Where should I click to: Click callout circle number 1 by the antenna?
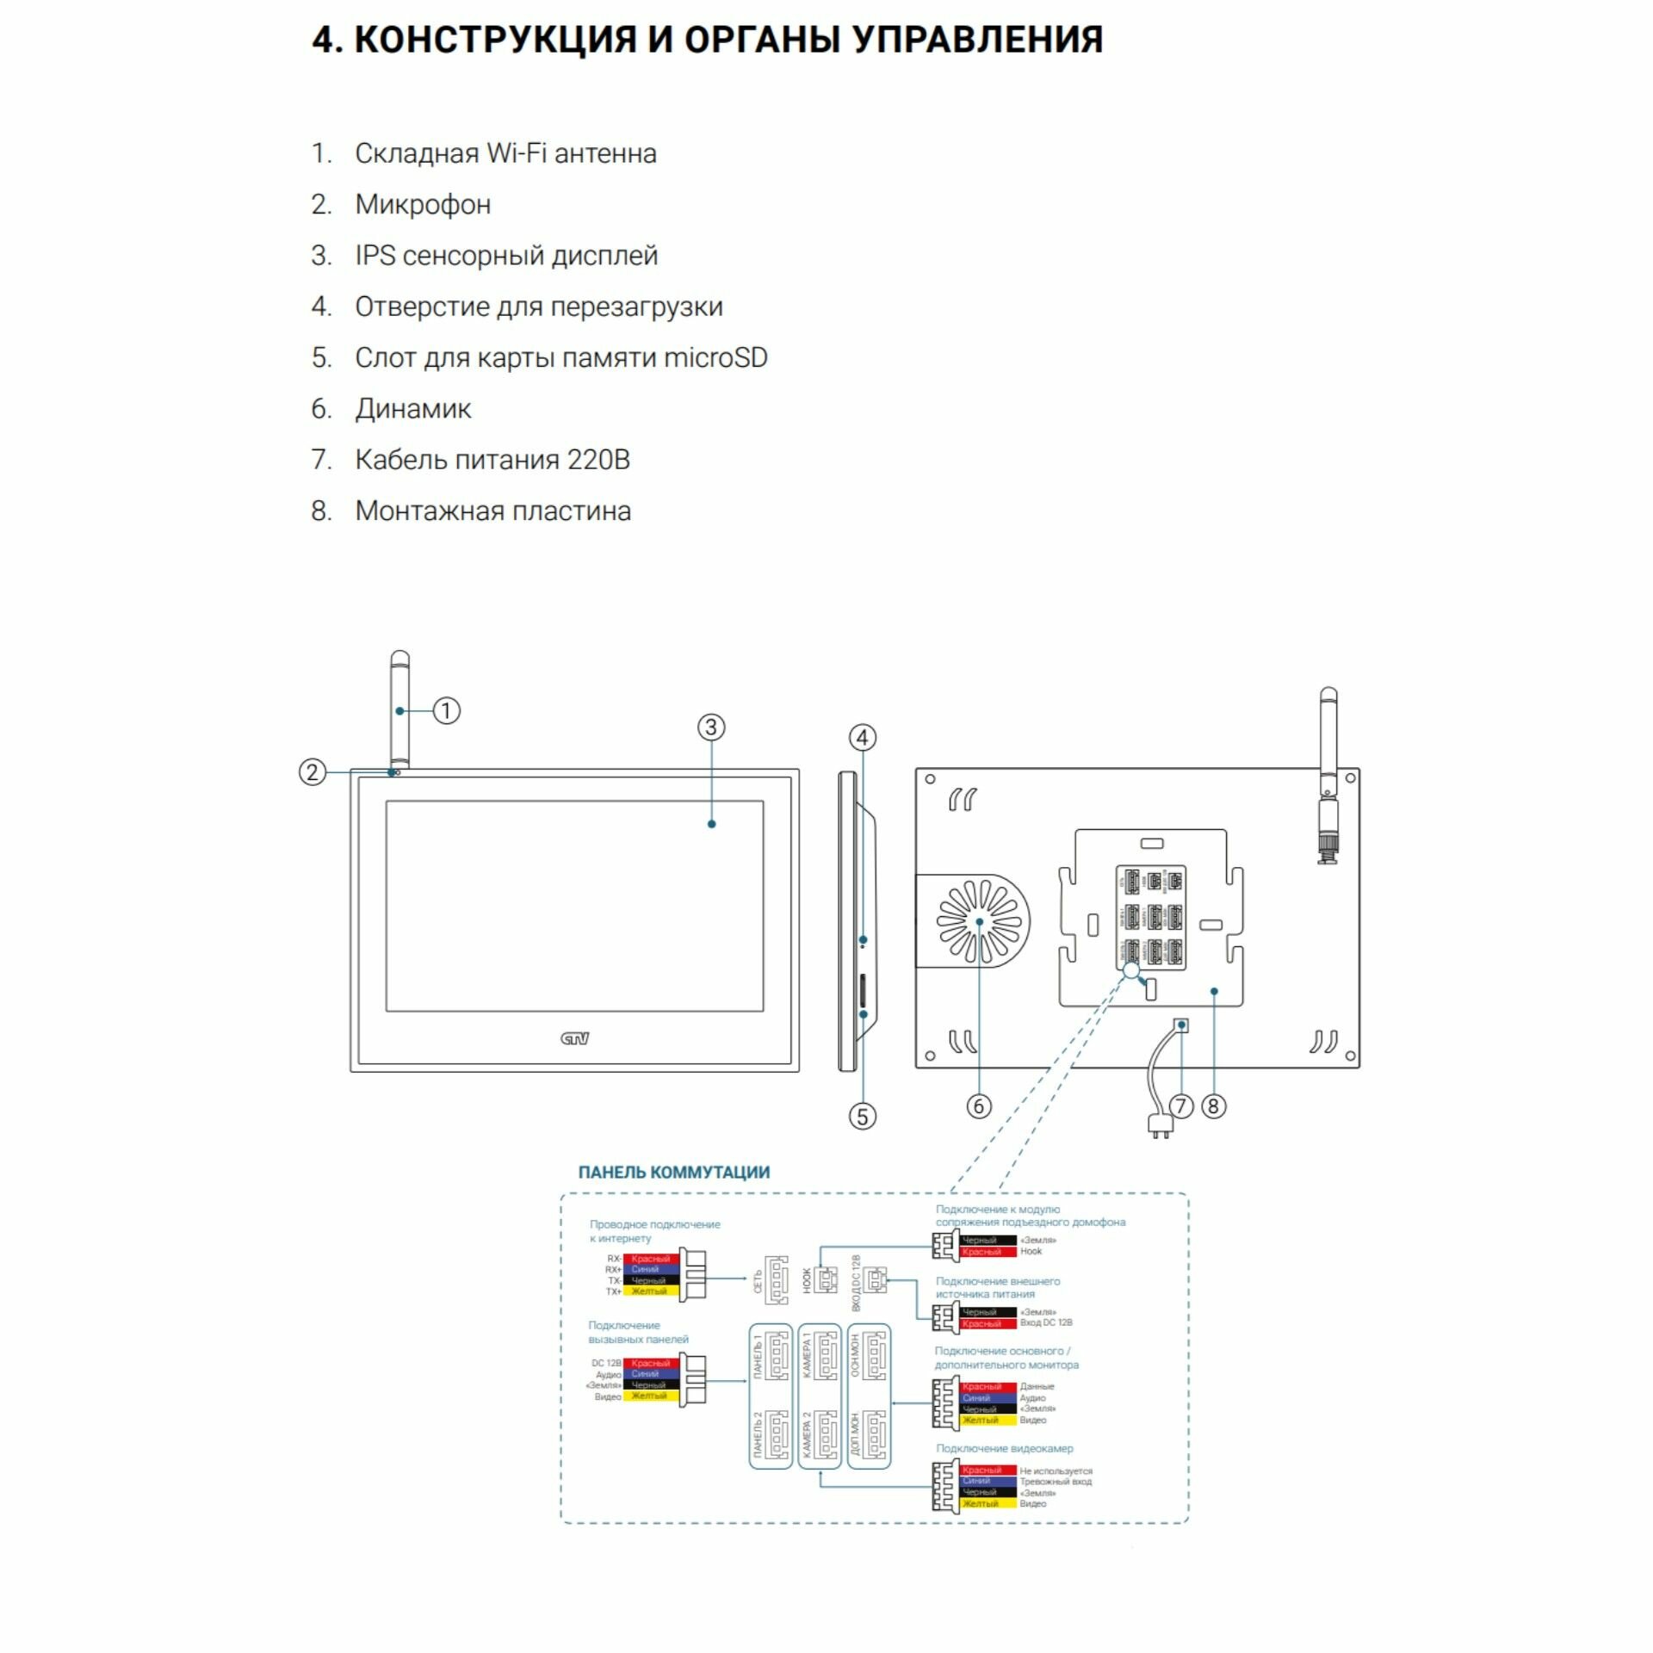[446, 710]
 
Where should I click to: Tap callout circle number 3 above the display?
[710, 727]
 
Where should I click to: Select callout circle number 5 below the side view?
[862, 1117]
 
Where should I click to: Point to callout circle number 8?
[1213, 1106]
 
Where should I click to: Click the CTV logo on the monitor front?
[574, 1038]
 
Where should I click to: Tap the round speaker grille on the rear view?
[980, 921]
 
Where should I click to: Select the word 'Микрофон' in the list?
[423, 205]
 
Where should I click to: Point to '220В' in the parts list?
[598, 460]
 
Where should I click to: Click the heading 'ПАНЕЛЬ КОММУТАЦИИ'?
[674, 1173]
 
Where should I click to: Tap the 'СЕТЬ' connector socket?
[777, 1280]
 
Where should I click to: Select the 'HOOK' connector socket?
[826, 1280]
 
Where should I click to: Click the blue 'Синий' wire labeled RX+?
[650, 1269]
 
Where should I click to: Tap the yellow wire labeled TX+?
[650, 1291]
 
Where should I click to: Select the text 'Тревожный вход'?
[1056, 1482]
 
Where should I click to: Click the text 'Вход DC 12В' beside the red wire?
[1046, 1322]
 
